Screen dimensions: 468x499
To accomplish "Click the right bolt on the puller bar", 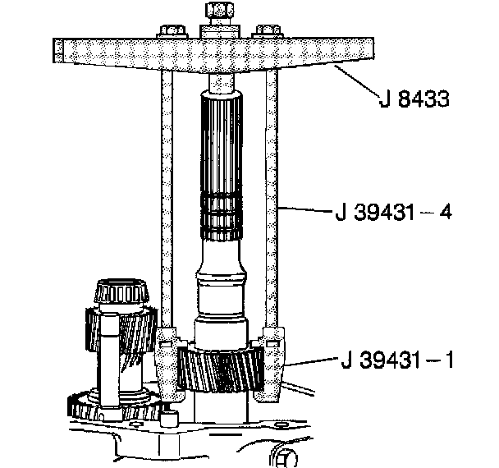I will pyautogui.click(x=264, y=32).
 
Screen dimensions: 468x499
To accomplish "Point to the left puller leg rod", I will pyautogui.click(x=167, y=197).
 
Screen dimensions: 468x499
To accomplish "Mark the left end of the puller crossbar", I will pyautogui.click(x=57, y=52).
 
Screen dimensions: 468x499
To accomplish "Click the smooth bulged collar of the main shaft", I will pyautogui.click(x=220, y=291).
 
